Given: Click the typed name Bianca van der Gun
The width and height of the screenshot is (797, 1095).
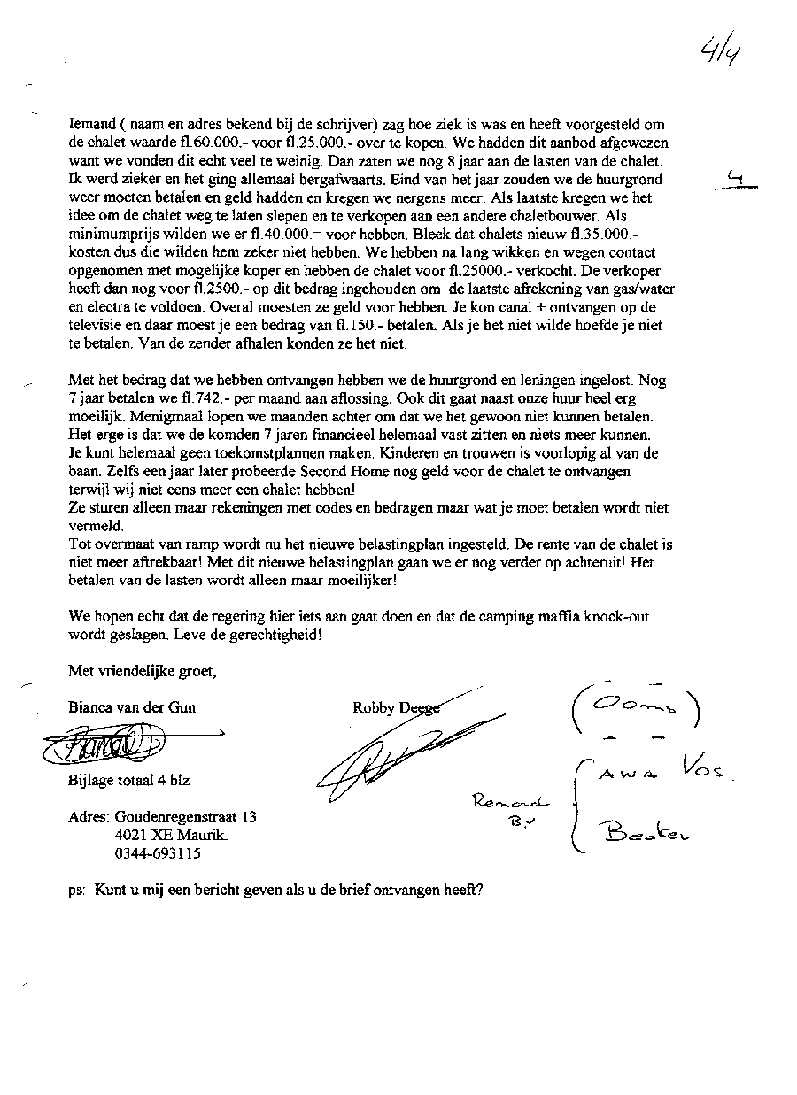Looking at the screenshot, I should [x=132, y=706].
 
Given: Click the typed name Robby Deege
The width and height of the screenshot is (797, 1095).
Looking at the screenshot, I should [x=395, y=706].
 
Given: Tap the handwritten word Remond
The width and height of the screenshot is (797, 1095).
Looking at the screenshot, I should [x=511, y=802].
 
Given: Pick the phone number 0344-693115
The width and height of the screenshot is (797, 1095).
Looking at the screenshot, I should [x=157, y=853].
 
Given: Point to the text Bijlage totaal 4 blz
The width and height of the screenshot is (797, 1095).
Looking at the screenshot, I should [x=128, y=781].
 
